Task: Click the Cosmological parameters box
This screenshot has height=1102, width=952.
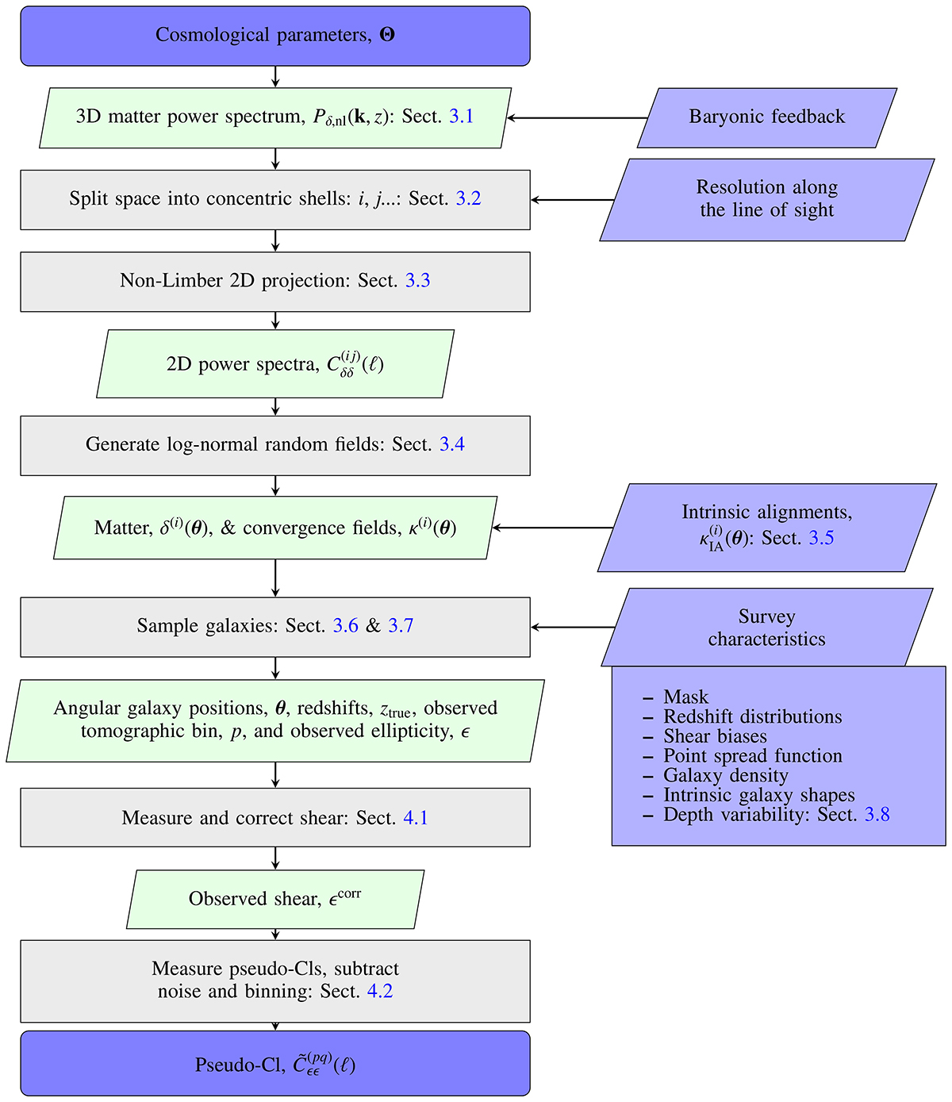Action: [274, 36]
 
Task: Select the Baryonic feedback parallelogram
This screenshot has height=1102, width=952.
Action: [766, 117]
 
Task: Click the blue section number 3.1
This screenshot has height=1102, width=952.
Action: [461, 117]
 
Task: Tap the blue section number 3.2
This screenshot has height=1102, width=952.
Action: [468, 198]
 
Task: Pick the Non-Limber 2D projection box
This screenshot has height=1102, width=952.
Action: [274, 281]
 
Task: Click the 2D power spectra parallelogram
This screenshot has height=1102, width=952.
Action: [274, 364]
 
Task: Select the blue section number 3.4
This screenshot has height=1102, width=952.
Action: [452, 444]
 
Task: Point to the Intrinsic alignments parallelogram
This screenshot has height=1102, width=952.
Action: [766, 526]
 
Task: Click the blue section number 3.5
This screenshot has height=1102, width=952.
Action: [821, 539]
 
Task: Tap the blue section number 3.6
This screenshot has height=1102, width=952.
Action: [346, 626]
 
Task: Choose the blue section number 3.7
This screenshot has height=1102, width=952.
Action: [401, 626]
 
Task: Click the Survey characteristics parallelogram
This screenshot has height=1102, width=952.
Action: [766, 628]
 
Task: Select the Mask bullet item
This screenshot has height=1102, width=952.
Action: [685, 697]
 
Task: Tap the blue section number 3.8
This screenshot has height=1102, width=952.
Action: [877, 815]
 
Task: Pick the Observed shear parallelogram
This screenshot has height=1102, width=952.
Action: [274, 899]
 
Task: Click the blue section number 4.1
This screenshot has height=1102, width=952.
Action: [416, 818]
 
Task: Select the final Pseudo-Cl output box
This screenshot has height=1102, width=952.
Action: [274, 1064]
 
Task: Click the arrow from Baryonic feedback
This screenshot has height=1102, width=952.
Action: [578, 118]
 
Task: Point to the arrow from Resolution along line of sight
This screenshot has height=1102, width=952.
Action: [573, 200]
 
